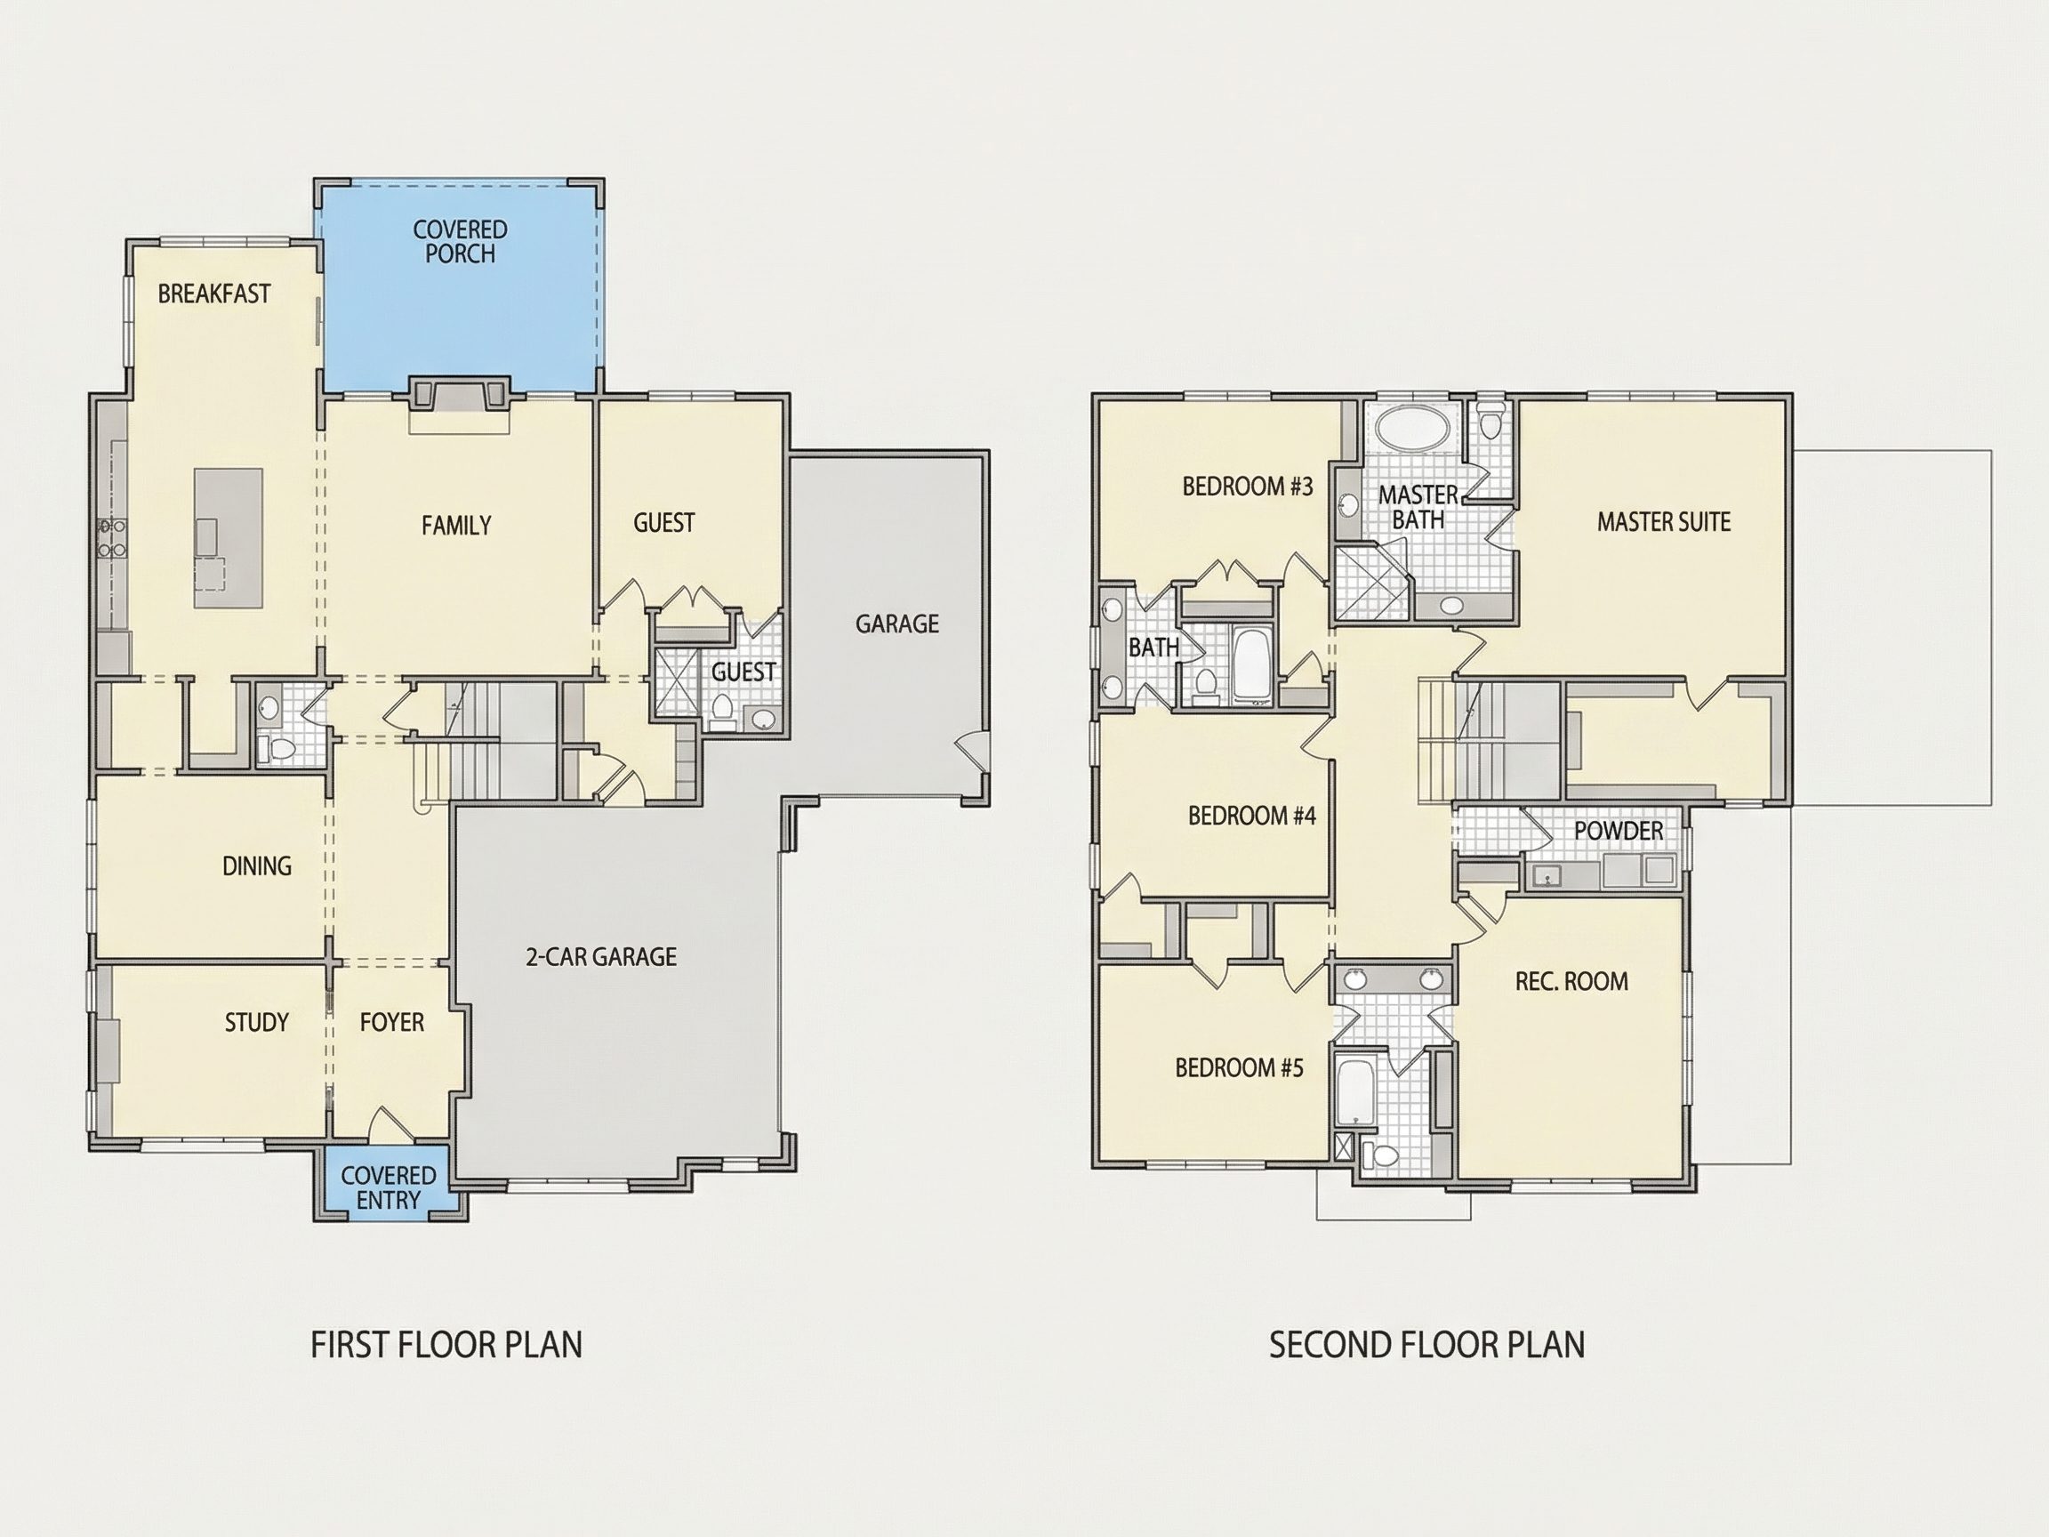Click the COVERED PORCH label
pos(461,242)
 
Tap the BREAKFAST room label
pos(214,294)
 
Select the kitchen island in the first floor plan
pos(228,538)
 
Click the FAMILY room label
pos(457,526)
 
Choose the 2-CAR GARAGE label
pos(601,956)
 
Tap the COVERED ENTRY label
pos(388,1187)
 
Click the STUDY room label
pos(257,1022)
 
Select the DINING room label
pos(257,865)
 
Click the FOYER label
pos(392,1022)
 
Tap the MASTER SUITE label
pos(1664,521)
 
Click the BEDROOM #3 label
pos(1248,487)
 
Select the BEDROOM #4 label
pos(1252,816)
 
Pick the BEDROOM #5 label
pos(1240,1067)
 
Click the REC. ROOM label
pos(1572,981)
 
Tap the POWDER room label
pos(1619,830)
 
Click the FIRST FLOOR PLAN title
pos(446,1344)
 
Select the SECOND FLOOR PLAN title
pos(1427,1344)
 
